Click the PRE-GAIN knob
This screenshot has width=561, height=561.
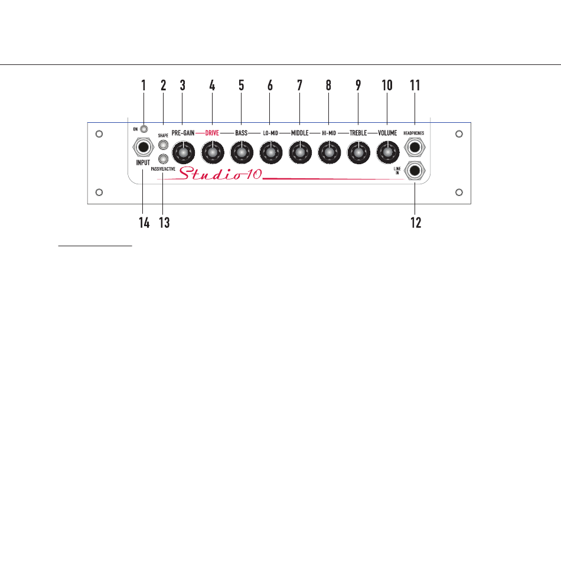pyautogui.click(x=183, y=154)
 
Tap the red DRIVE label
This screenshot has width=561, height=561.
pyautogui.click(x=212, y=133)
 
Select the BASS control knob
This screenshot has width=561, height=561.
pyautogui.click(x=241, y=154)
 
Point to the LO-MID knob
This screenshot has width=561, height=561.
pyautogui.click(x=270, y=154)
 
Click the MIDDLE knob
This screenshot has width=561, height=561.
pyautogui.click(x=299, y=154)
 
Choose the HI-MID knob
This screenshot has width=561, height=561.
pyautogui.click(x=328, y=154)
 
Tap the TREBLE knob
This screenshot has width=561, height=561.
pyautogui.click(x=357, y=154)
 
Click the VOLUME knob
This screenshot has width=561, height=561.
pyautogui.click(x=387, y=154)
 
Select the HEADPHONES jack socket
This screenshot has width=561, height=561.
pyautogui.click(x=415, y=148)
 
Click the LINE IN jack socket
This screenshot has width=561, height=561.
pyautogui.click(x=415, y=172)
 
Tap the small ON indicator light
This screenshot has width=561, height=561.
pyautogui.click(x=143, y=128)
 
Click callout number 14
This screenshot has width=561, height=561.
pyautogui.click(x=143, y=223)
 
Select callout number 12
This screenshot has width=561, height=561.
pyautogui.click(x=416, y=223)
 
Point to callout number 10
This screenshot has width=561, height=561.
pyautogui.click(x=387, y=85)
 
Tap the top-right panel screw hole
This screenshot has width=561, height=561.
pyautogui.click(x=459, y=134)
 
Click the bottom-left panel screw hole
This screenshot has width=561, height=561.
pyautogui.click(x=100, y=192)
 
